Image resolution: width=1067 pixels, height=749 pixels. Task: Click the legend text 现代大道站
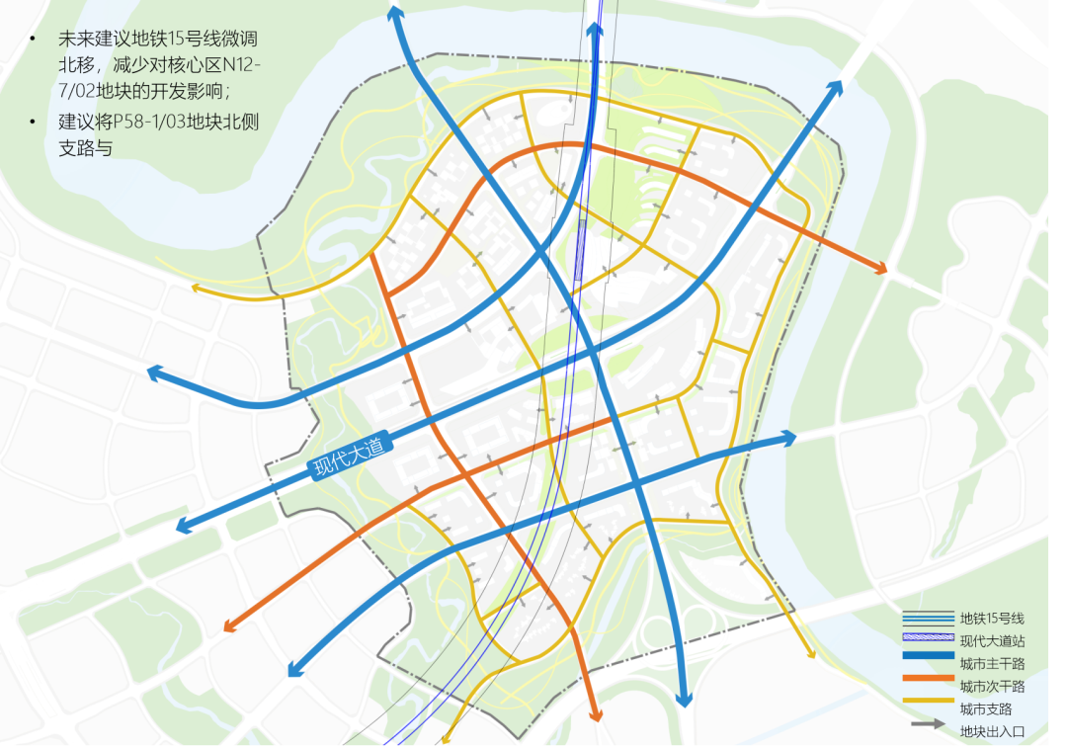point(992,641)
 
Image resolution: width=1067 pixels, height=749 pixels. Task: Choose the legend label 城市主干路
point(992,663)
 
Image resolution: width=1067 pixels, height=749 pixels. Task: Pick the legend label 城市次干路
point(992,686)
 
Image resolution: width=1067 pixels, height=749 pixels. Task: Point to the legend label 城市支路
point(986,708)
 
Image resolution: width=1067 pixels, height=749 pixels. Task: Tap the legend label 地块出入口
point(992,732)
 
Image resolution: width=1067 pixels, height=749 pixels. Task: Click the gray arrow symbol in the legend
point(928,725)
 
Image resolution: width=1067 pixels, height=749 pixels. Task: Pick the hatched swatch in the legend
point(928,639)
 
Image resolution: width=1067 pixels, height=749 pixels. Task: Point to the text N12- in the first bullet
point(242,66)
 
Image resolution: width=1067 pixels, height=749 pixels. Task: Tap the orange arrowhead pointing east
point(878,267)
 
